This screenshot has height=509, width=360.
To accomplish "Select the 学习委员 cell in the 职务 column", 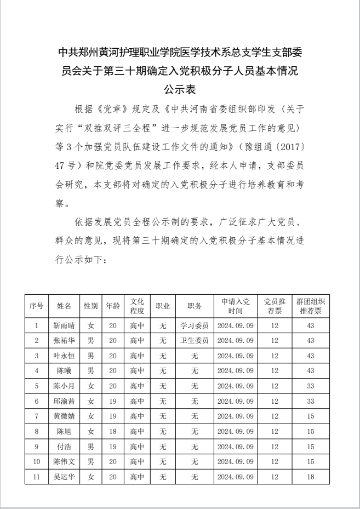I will point(194,325).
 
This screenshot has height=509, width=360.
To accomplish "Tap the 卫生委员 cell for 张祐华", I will point(194,341).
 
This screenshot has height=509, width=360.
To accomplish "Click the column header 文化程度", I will point(137,306).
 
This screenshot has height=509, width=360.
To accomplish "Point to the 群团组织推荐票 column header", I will point(311,306).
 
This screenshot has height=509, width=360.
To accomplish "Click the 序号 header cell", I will point(36,306).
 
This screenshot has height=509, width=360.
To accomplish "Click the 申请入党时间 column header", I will point(235,306).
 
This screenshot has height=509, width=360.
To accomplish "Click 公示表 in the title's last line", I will point(180,88).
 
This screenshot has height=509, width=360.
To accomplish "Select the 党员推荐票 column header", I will point(275,306).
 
